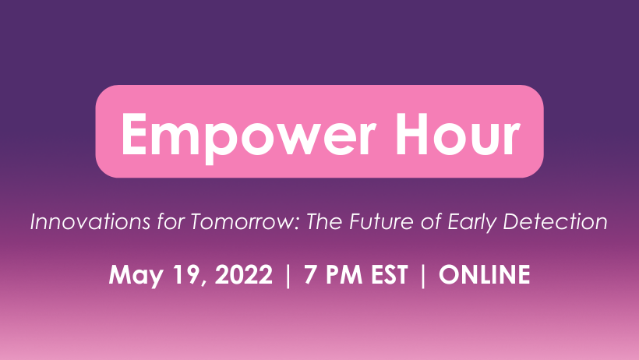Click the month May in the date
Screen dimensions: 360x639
coord(132,276)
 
